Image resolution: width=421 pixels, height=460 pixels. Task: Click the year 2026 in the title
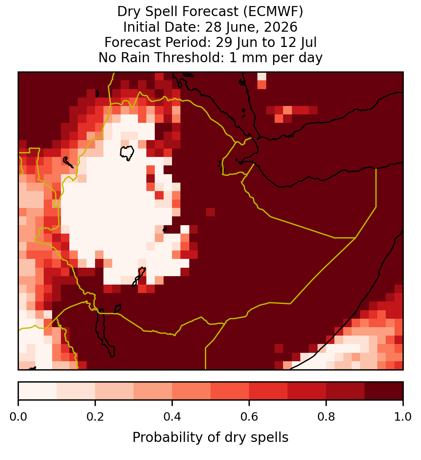click(280, 27)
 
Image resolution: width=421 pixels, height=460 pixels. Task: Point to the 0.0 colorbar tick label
click(18, 417)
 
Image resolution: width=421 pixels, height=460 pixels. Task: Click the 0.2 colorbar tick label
click(95, 417)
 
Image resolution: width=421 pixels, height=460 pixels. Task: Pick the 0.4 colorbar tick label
click(172, 417)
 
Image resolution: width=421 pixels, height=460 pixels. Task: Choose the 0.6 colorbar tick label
click(249, 417)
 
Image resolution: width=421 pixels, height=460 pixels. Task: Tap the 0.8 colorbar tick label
click(326, 417)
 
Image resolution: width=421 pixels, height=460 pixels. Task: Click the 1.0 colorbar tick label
click(403, 417)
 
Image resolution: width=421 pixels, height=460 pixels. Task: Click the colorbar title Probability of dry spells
click(210, 438)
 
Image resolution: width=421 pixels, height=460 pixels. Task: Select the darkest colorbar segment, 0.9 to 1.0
click(384, 391)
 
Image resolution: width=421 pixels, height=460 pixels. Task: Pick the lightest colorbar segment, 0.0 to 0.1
click(38, 391)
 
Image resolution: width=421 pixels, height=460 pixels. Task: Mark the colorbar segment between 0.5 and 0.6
click(230, 391)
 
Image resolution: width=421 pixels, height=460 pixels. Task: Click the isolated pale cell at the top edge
click(262, 76)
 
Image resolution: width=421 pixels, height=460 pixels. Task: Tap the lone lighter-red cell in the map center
click(210, 212)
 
